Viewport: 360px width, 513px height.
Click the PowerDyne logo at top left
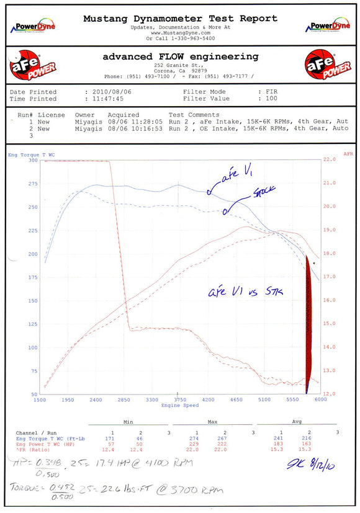[33, 27]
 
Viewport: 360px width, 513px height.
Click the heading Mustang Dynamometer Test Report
[180, 19]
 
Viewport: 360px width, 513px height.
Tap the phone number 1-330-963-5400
[189, 38]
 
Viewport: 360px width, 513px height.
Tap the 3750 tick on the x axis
[179, 400]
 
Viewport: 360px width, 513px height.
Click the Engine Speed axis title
[180, 406]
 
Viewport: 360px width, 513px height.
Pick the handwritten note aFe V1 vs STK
[245, 291]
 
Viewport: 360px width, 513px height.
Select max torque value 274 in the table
[197, 439]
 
